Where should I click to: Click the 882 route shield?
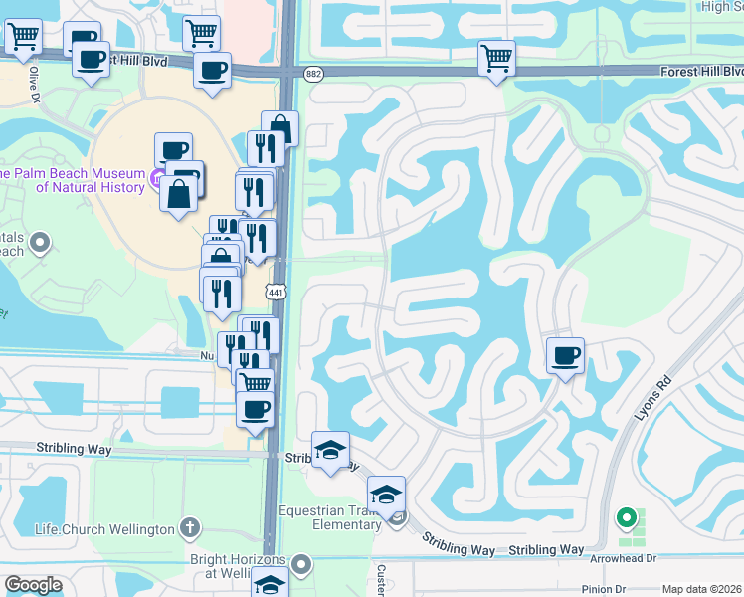pyautogui.click(x=314, y=74)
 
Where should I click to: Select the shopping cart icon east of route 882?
pyautogui.click(x=495, y=57)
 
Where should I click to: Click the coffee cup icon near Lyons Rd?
pyautogui.click(x=565, y=355)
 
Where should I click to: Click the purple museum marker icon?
pyautogui.click(x=156, y=179)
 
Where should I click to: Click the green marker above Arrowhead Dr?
pyautogui.click(x=626, y=517)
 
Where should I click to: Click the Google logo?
pyautogui.click(x=33, y=585)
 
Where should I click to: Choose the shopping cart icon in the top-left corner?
pyautogui.click(x=22, y=37)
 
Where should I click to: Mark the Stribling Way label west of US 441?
pyautogui.click(x=75, y=448)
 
